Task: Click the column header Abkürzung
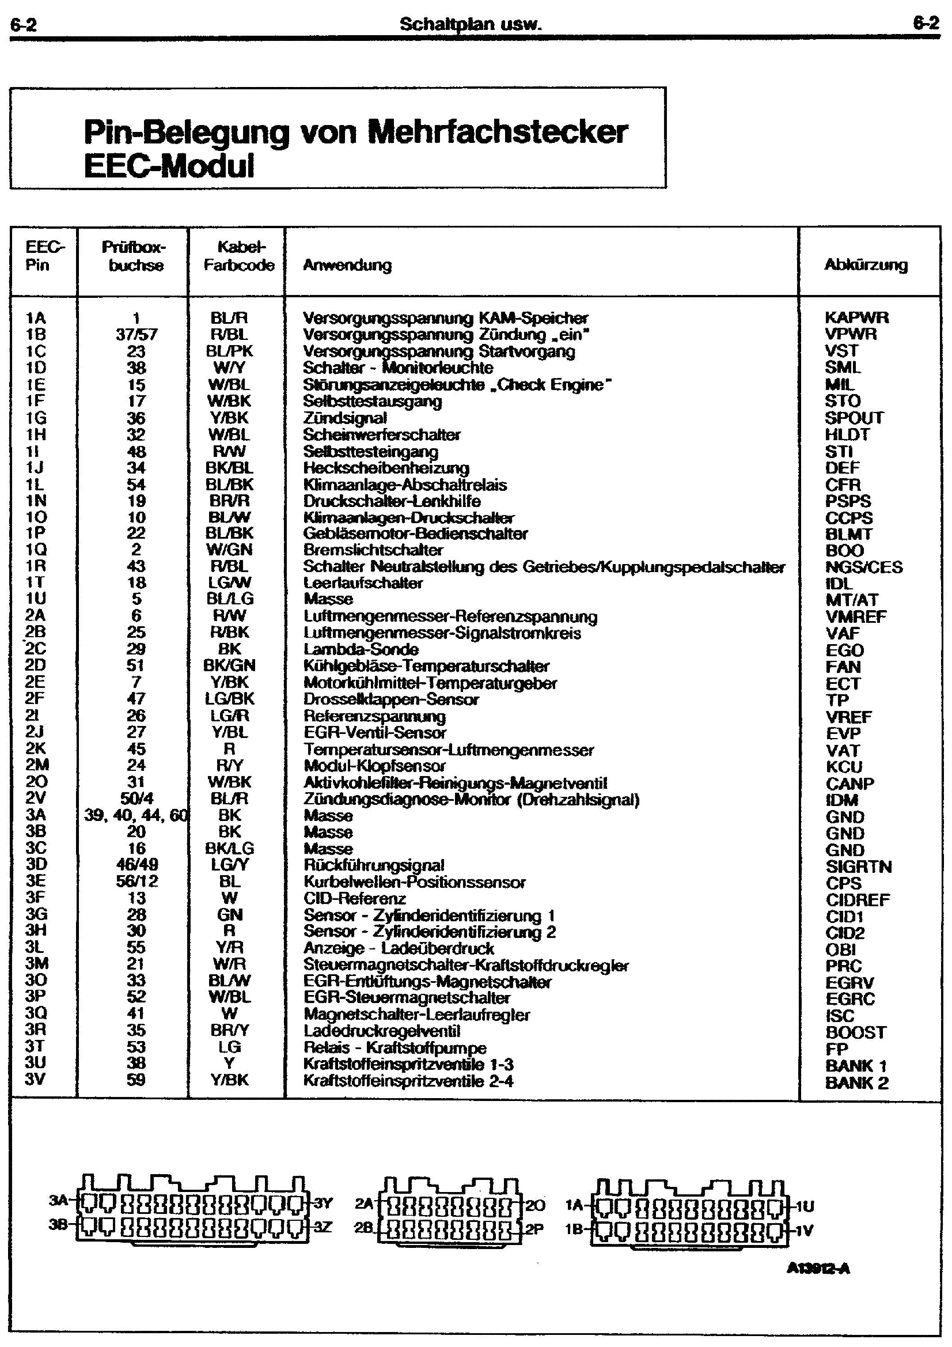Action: [x=865, y=265]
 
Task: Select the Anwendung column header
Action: [x=347, y=265]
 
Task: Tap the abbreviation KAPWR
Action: [x=856, y=317]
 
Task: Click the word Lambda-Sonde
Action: [x=361, y=649]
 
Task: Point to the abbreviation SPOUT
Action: [x=854, y=418]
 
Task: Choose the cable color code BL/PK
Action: [x=229, y=351]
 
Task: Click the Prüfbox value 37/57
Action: [x=136, y=334]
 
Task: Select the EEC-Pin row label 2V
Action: [x=35, y=798]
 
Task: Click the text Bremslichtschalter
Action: [x=373, y=550]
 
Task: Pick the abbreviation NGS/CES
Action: [x=864, y=567]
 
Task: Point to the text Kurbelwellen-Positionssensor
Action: [x=414, y=881]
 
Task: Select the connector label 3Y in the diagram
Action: [x=323, y=1204]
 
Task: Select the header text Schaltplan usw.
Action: [x=471, y=24]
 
